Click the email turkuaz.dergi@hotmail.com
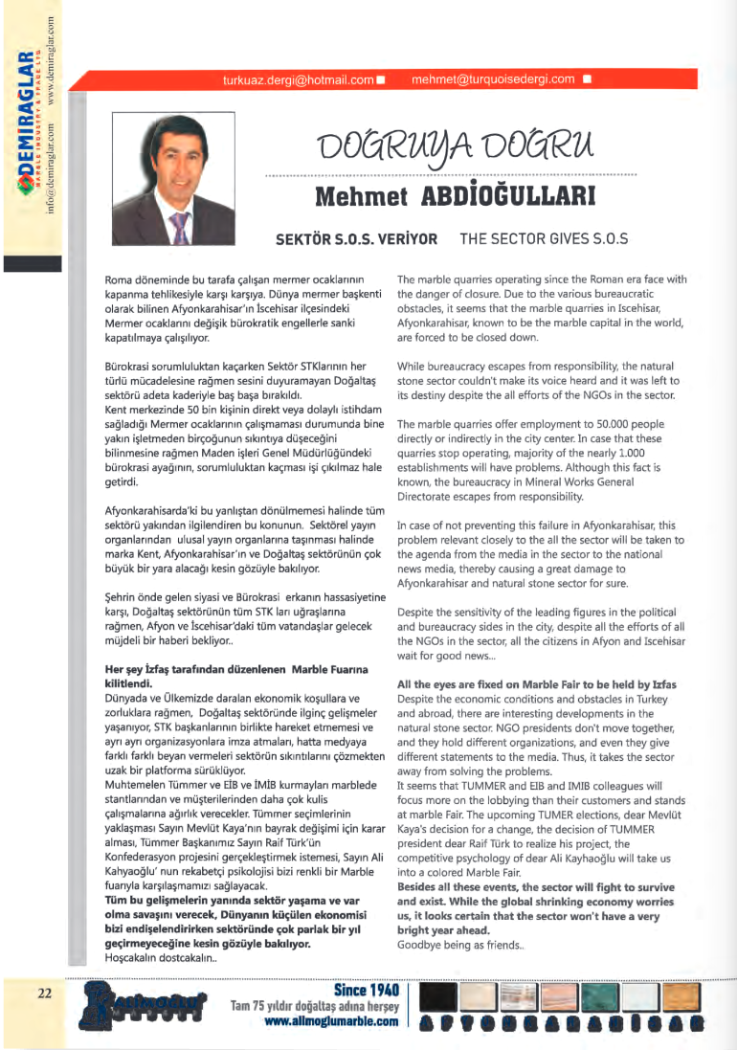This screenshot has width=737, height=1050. pyautogui.click(x=298, y=80)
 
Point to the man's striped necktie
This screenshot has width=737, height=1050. pyautogui.click(x=178, y=229)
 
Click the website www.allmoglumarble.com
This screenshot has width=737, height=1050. pyautogui.click(x=331, y=1021)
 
